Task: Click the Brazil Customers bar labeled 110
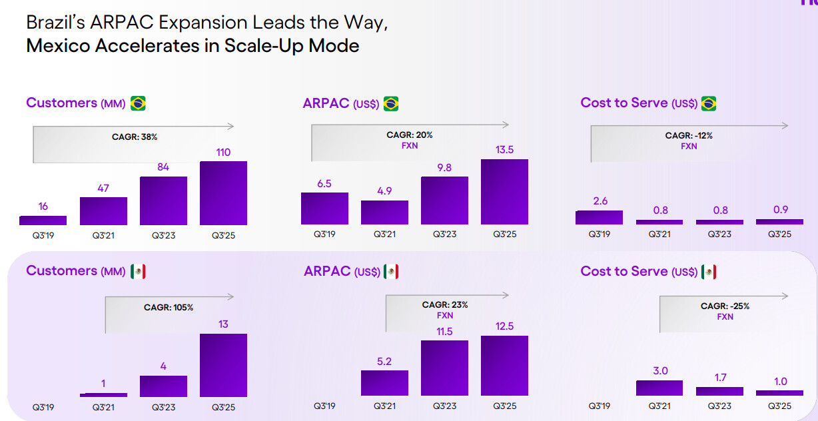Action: (x=223, y=193)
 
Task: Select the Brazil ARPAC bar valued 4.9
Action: (x=384, y=212)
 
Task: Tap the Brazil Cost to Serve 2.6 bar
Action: (x=599, y=218)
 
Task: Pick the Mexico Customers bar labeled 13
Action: (x=223, y=365)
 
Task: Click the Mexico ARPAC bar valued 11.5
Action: (x=444, y=368)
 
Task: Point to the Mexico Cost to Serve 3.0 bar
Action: (x=659, y=388)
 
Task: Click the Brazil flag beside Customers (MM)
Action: (x=138, y=103)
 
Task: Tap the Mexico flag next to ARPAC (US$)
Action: (x=391, y=271)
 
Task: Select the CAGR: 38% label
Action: (x=135, y=137)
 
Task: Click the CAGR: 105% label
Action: (x=169, y=308)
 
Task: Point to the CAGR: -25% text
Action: (x=725, y=306)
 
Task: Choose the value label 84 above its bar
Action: (x=163, y=167)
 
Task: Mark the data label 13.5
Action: (x=504, y=150)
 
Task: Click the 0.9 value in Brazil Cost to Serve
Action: (x=781, y=210)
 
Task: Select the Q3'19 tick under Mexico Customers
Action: (x=43, y=407)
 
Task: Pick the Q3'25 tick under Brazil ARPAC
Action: (x=504, y=234)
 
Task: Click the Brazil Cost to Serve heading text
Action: (x=623, y=103)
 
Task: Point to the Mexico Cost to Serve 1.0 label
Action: (x=781, y=382)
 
